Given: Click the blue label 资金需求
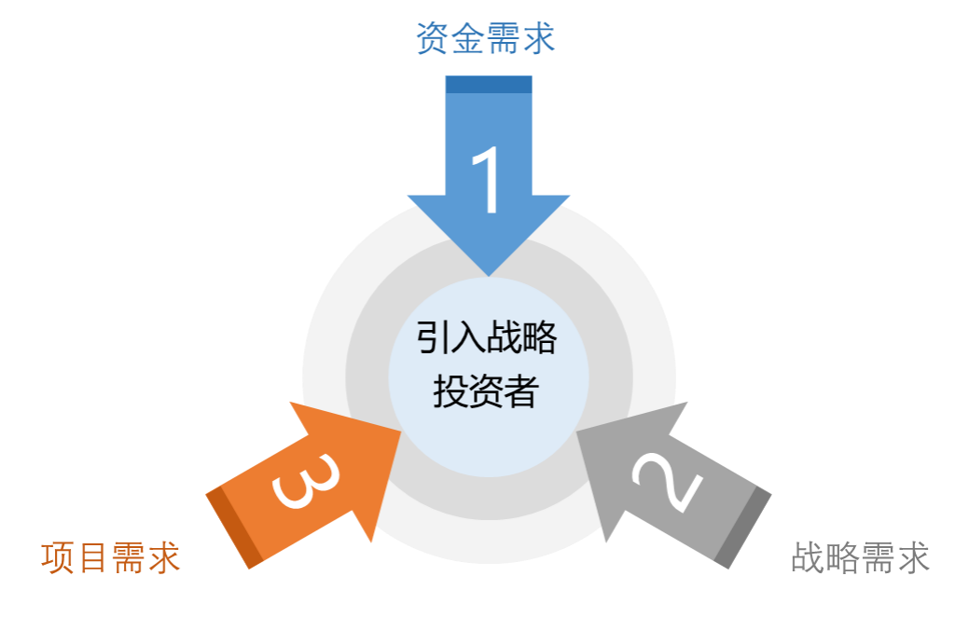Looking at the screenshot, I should (x=485, y=39).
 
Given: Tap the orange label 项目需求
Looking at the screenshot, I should (x=110, y=557).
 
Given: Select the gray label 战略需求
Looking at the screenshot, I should (x=860, y=557).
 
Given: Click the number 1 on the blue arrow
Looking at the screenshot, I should (x=488, y=181).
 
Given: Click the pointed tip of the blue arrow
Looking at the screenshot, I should (x=489, y=273).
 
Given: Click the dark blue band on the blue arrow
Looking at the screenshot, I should (x=489, y=85).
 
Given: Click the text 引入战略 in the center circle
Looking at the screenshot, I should (x=486, y=337).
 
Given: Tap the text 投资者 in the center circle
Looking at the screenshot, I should (x=486, y=391).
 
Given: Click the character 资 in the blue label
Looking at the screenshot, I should (x=432, y=39).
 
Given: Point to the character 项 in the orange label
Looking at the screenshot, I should (x=58, y=557).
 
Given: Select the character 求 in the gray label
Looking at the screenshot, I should (x=912, y=557).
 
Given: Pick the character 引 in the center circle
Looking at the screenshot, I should (x=433, y=337).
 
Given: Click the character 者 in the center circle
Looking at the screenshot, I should (x=521, y=391).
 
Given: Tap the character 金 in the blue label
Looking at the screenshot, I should (x=467, y=39).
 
